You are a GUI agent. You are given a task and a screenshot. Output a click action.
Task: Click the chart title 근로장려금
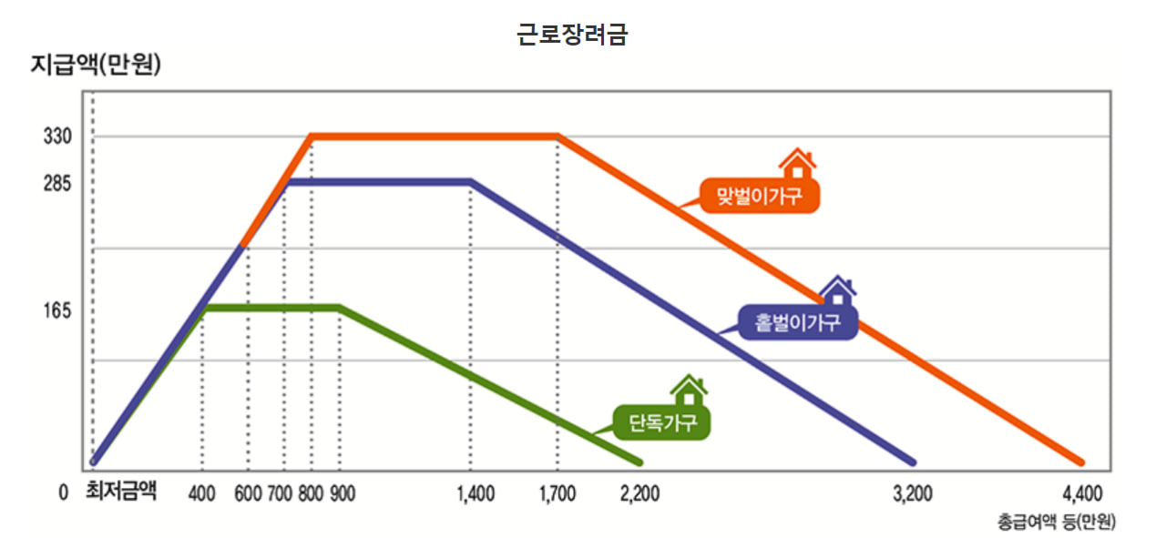click(x=572, y=35)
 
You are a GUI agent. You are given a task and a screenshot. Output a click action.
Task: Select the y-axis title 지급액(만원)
click(x=96, y=66)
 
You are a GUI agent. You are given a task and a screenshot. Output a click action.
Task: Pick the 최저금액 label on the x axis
click(x=121, y=492)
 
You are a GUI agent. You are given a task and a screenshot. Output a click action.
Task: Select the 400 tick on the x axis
click(x=201, y=494)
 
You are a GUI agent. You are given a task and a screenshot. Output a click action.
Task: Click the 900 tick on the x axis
click(x=343, y=494)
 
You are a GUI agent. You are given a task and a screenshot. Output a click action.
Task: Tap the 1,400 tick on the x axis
click(x=475, y=494)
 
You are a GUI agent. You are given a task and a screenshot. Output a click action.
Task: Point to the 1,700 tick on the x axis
click(x=557, y=494)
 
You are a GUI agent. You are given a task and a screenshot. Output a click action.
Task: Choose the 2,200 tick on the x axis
click(x=639, y=494)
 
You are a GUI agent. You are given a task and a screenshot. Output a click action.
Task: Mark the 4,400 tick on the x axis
click(x=1082, y=494)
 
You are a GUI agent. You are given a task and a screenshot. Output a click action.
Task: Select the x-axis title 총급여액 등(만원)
click(x=1056, y=523)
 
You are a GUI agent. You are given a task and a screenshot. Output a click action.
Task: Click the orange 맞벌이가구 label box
click(x=760, y=196)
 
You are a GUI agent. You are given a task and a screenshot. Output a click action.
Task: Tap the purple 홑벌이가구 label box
click(x=798, y=321)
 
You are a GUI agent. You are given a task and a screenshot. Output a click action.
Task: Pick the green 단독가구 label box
click(x=662, y=422)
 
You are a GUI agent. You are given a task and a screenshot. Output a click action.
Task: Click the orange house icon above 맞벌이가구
click(x=797, y=165)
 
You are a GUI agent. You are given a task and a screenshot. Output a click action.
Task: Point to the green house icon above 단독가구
click(x=689, y=391)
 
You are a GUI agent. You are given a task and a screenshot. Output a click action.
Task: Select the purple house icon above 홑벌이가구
click(x=837, y=291)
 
